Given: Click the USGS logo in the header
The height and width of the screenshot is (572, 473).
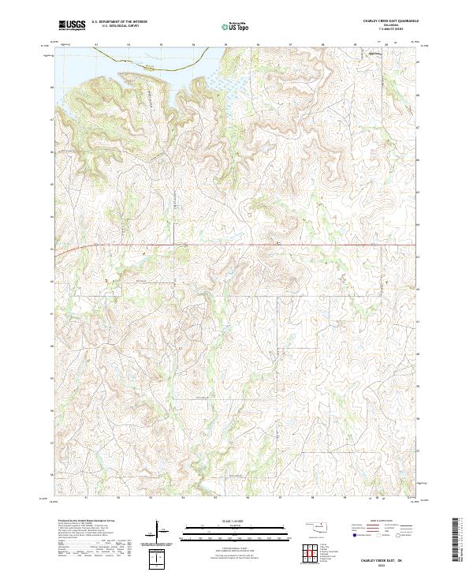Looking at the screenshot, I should (72, 26).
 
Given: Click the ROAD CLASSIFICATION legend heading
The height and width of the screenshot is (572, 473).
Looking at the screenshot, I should (379, 522).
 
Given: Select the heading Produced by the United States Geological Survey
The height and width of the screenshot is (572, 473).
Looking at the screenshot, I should (85, 522).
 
